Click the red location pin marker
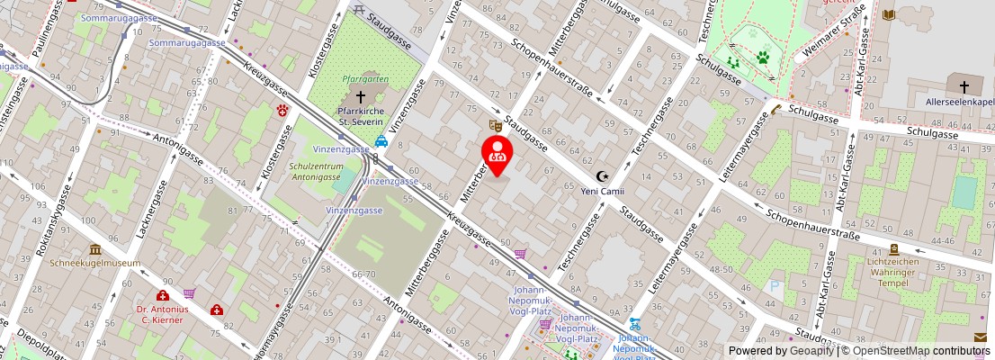(x=497, y=153)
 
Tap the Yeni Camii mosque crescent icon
(x=602, y=177)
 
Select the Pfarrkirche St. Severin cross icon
(x=361, y=95)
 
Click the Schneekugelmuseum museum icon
(x=95, y=249)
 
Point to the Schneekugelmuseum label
(x=95, y=263)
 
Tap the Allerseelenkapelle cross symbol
(x=964, y=87)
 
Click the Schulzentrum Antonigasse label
(x=315, y=171)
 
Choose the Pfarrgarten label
(x=365, y=79)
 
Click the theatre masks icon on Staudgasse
(x=494, y=124)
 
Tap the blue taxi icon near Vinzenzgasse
(x=381, y=141)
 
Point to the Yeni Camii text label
(x=602, y=192)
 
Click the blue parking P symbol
(x=775, y=287)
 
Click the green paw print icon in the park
(x=763, y=58)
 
